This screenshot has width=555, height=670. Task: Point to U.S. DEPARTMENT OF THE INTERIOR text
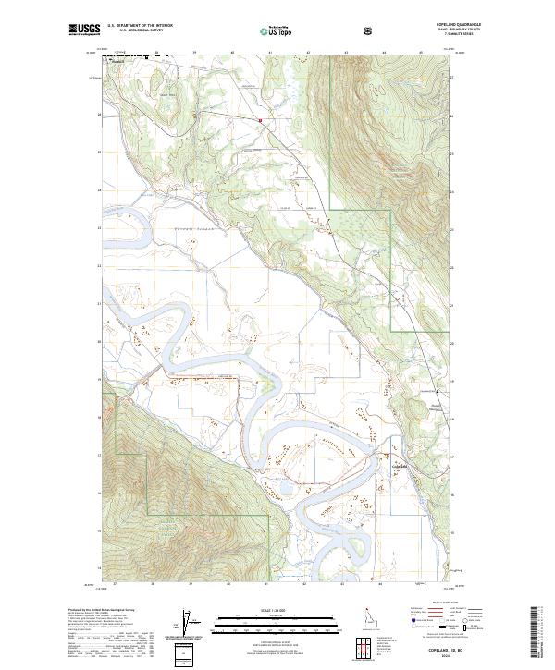pos(141,26)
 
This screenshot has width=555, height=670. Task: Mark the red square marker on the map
pos(261,119)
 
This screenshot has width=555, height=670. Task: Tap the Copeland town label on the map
pos(401,468)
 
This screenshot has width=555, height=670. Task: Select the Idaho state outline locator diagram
pos(368,616)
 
